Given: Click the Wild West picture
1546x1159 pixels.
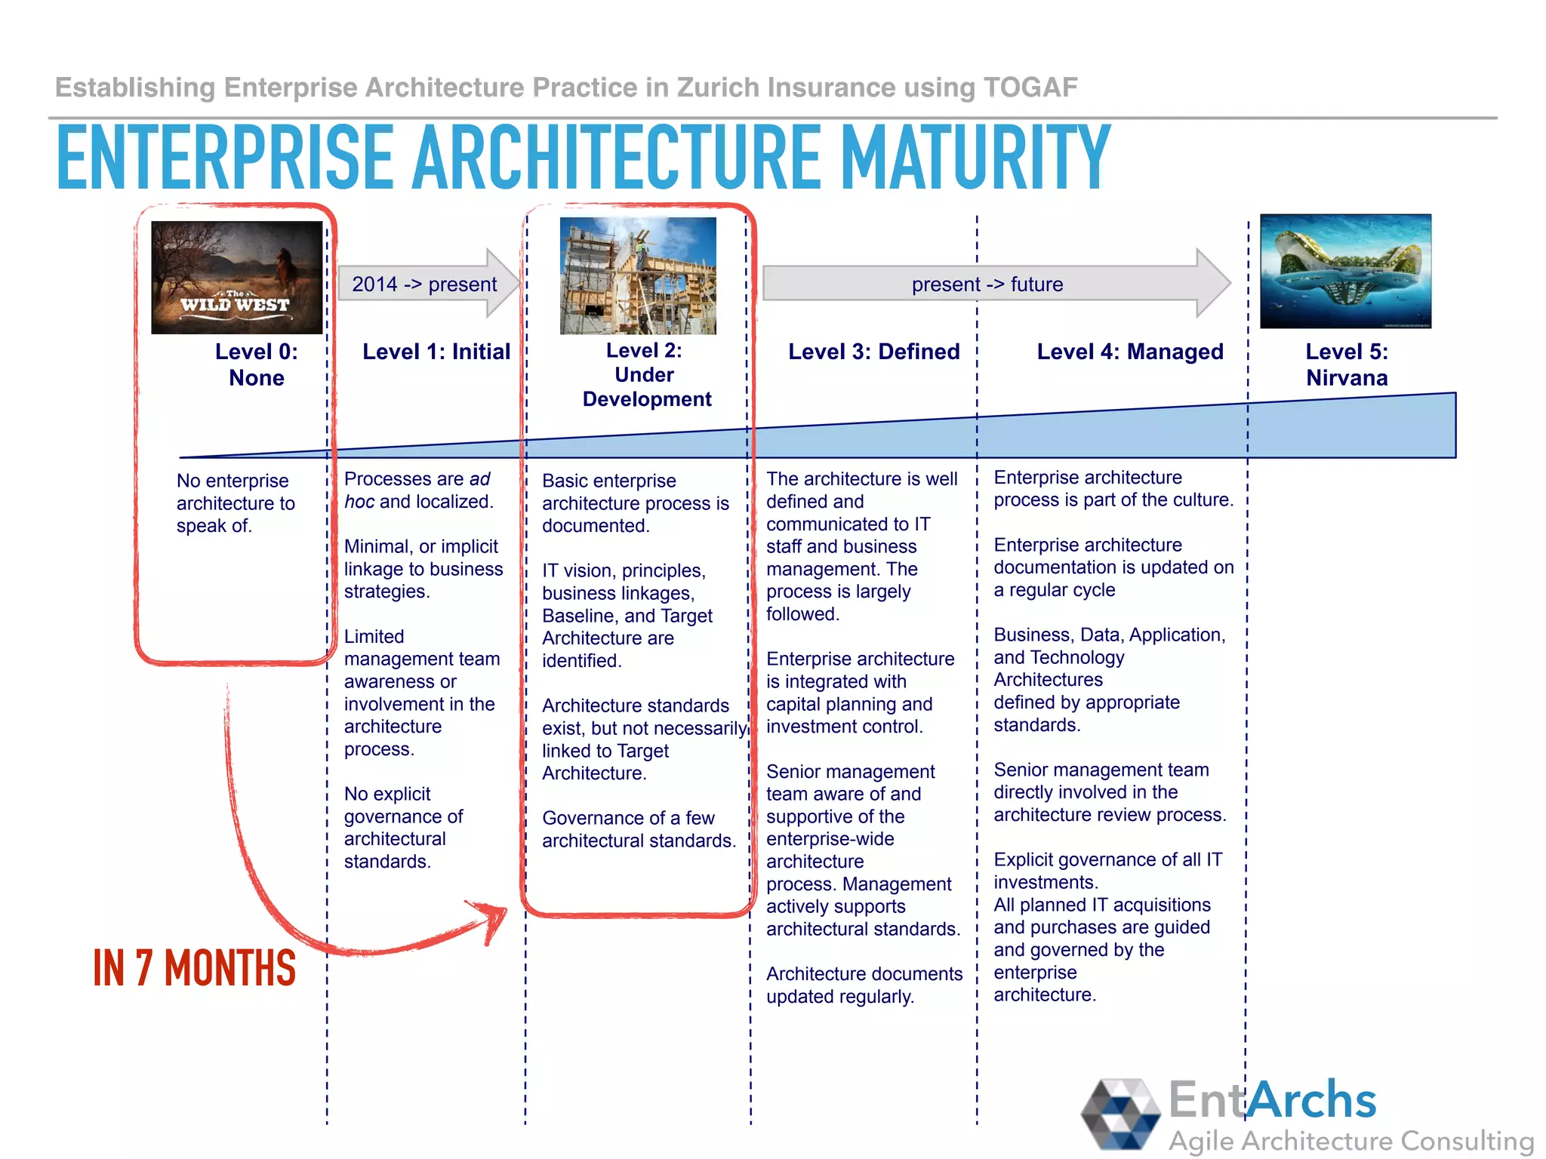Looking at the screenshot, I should point(236,277).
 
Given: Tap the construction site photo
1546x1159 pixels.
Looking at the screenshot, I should point(638,275).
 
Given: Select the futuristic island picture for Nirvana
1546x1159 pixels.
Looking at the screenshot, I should point(1345,271).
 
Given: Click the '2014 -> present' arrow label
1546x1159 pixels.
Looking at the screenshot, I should point(424,284).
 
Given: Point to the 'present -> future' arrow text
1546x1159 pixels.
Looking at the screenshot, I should point(987,284).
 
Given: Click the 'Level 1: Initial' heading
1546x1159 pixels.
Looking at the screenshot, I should point(436,352).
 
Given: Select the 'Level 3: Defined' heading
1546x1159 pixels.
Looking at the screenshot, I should point(873,352).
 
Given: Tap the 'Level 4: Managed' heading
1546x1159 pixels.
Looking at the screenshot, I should point(1129,352).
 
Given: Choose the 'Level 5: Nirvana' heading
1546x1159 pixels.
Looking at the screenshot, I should point(1347,364).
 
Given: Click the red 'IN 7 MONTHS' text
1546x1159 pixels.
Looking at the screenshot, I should point(194,968).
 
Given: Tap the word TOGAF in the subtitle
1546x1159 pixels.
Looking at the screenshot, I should point(1030,88).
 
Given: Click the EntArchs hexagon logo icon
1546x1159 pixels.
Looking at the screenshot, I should point(1120,1114).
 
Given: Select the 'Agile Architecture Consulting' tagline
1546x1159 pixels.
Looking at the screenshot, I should point(1350,1140).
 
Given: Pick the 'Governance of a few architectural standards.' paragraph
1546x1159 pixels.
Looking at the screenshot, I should point(639,829).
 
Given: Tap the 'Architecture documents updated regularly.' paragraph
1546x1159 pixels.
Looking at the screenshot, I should point(864,985).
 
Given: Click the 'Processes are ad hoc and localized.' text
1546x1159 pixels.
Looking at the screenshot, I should point(418,490).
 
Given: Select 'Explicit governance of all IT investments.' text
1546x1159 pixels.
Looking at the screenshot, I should point(1107,871).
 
